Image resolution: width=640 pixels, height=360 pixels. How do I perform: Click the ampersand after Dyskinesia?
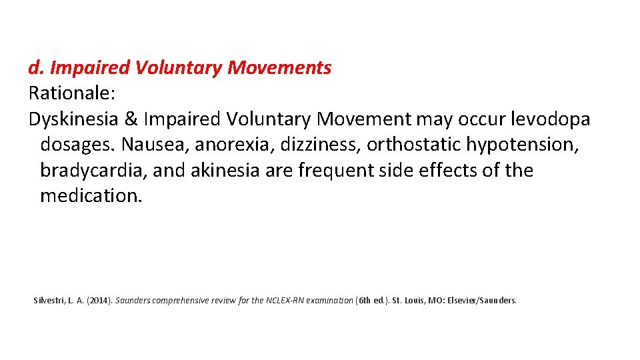pos(131,119)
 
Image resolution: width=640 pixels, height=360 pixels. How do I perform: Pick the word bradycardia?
pos(93,171)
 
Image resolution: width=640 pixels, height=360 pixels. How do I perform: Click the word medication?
pos(91,196)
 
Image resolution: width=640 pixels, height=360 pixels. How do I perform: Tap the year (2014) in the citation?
pos(100,301)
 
